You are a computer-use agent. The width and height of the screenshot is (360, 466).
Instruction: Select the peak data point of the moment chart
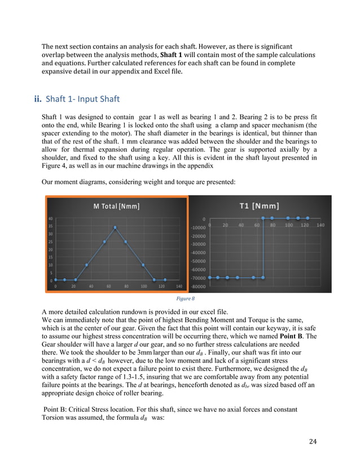[115, 227]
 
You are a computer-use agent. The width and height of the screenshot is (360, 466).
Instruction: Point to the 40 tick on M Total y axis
[51, 218]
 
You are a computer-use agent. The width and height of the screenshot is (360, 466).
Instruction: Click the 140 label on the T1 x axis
[321, 225]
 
